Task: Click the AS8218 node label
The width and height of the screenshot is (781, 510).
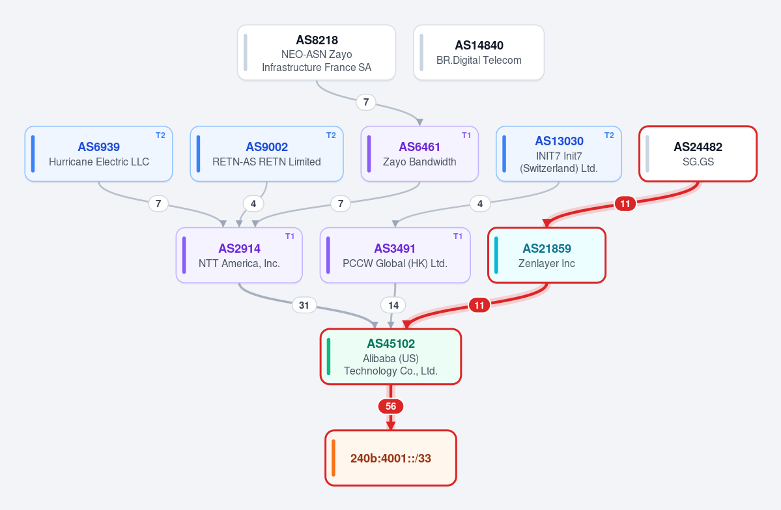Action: (x=317, y=40)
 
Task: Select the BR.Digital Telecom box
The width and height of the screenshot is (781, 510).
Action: (x=479, y=52)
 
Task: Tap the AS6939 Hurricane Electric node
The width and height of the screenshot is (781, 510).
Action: (x=98, y=154)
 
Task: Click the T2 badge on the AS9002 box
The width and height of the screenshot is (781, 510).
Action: (x=332, y=135)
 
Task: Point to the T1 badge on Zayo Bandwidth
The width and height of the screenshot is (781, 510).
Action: (x=466, y=135)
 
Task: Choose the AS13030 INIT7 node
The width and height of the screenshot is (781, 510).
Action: (x=559, y=154)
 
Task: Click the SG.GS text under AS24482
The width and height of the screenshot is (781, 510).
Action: (x=698, y=162)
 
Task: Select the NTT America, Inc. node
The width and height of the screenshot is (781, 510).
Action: (x=239, y=255)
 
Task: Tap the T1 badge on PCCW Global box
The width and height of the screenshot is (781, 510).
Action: (x=458, y=236)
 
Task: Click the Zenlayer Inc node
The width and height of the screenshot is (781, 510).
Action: (x=547, y=255)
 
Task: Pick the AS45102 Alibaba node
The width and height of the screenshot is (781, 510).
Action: (x=391, y=356)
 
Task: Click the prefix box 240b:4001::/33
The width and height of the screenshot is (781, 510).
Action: (x=391, y=458)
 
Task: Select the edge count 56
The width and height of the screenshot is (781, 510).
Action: (x=391, y=406)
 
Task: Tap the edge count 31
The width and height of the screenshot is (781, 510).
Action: (x=304, y=305)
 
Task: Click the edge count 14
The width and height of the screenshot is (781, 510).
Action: (x=393, y=305)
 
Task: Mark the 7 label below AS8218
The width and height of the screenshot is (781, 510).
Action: (x=366, y=102)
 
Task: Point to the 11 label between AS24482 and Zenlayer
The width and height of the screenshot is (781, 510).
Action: (x=625, y=204)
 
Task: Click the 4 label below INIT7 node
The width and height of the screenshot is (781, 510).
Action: (x=480, y=204)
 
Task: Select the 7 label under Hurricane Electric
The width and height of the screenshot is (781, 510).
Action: (x=158, y=204)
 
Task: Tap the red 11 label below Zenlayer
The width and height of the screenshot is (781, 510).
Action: (x=479, y=305)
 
